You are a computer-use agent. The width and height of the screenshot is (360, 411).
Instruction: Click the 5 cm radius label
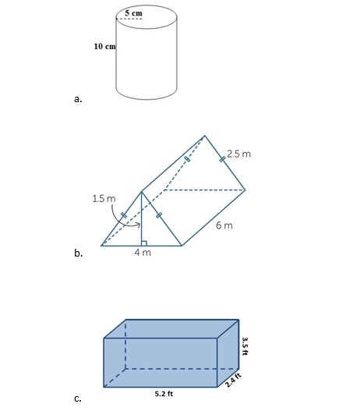click(133, 13)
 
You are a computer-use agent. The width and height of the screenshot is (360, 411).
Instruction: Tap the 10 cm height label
click(104, 46)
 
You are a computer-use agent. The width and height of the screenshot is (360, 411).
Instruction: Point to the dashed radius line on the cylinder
click(129, 19)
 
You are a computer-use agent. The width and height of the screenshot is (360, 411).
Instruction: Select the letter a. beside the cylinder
click(78, 99)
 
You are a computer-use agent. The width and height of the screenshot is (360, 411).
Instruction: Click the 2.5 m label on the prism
click(238, 154)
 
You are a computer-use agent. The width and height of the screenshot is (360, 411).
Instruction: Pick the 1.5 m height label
click(104, 198)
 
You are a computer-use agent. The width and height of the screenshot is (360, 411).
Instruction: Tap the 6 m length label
click(224, 225)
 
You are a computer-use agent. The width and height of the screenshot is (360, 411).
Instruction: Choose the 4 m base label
click(143, 253)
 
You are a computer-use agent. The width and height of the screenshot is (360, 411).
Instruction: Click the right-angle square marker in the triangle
click(144, 243)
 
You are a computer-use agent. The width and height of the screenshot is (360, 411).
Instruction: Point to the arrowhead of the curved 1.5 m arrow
click(139, 225)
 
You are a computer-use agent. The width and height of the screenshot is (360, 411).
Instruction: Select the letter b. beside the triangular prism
click(78, 253)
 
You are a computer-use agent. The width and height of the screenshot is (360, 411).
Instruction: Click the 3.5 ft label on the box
click(245, 346)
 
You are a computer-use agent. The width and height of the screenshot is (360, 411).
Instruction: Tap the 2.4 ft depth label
click(233, 381)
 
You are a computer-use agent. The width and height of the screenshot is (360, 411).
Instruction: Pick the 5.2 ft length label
click(164, 394)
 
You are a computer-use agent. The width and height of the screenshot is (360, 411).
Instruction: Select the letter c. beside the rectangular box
click(78, 399)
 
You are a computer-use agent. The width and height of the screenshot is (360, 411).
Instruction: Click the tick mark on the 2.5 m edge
click(222, 159)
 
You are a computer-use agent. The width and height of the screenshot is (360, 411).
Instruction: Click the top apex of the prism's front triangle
click(141, 192)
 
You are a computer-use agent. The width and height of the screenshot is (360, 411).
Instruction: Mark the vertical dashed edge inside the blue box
click(125, 344)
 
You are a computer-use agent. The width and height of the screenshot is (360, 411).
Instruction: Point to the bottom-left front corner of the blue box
click(104, 387)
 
